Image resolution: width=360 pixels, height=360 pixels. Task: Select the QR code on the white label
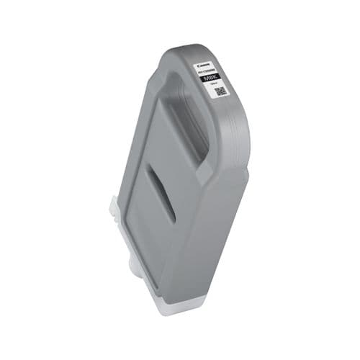click(221, 91)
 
